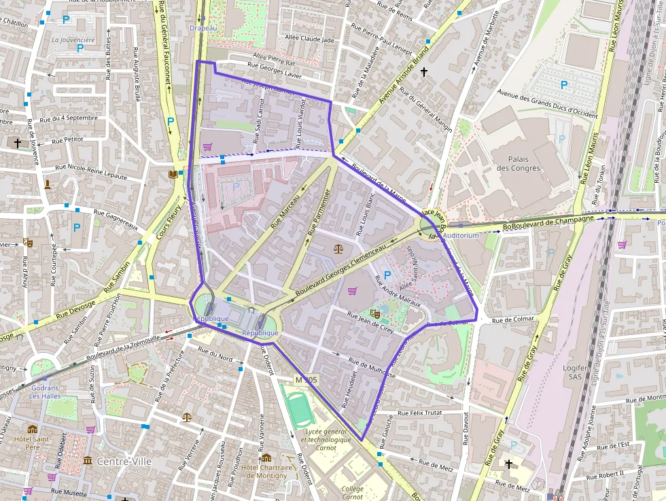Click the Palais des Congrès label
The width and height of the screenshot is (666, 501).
click(518, 163)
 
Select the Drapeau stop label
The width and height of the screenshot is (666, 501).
click(203, 28)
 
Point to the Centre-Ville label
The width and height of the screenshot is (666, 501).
click(124, 461)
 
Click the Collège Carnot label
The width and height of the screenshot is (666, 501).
click(352, 492)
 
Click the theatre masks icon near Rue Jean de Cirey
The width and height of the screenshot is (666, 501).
click(374, 314)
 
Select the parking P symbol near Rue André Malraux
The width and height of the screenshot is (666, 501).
click(387, 275)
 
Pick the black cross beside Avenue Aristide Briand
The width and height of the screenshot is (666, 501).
click(424, 71)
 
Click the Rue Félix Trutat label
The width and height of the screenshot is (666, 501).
click(419, 412)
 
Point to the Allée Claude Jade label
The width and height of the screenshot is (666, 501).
click(310, 39)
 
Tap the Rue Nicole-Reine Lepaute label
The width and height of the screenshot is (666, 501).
click(91, 171)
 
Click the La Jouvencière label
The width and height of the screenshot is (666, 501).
click(73, 39)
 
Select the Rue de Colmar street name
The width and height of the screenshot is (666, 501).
click(514, 319)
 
